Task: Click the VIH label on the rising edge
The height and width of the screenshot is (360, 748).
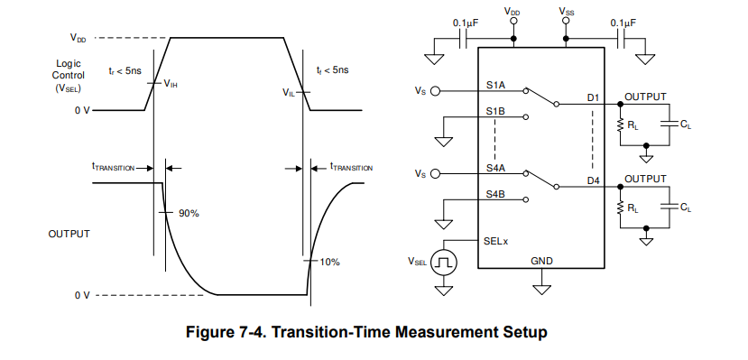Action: pyautogui.click(x=171, y=85)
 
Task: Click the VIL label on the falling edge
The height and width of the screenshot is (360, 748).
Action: pyautogui.click(x=289, y=92)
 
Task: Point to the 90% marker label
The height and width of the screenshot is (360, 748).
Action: pyautogui.click(x=189, y=214)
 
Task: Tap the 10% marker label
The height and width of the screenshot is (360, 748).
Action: pyautogui.click(x=329, y=262)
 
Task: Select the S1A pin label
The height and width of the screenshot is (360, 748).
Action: pyautogui.click(x=496, y=86)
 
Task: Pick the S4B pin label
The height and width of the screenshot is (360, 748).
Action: pyautogui.click(x=496, y=194)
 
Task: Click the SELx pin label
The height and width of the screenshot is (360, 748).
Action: pyautogui.click(x=496, y=241)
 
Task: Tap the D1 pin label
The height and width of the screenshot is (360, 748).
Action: pyautogui.click(x=594, y=97)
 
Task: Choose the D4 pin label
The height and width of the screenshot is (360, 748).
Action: pyautogui.click(x=594, y=180)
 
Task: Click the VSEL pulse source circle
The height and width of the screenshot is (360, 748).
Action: pyautogui.click(x=444, y=263)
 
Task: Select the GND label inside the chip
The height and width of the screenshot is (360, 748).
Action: pyautogui.click(x=542, y=261)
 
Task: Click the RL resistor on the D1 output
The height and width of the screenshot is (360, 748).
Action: pyautogui.click(x=620, y=125)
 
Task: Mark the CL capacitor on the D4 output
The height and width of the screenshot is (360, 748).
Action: pyautogui.click(x=670, y=206)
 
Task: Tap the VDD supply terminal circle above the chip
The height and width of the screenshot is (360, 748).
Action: pyautogui.click(x=513, y=22)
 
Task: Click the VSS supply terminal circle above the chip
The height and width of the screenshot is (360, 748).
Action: pyautogui.click(x=567, y=22)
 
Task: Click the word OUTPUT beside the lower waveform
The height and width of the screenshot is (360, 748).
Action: pyautogui.click(x=69, y=234)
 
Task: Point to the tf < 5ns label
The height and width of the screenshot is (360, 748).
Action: pyautogui.click(x=332, y=70)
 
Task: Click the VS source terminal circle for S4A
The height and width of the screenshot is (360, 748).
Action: pyautogui.click(x=435, y=173)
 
